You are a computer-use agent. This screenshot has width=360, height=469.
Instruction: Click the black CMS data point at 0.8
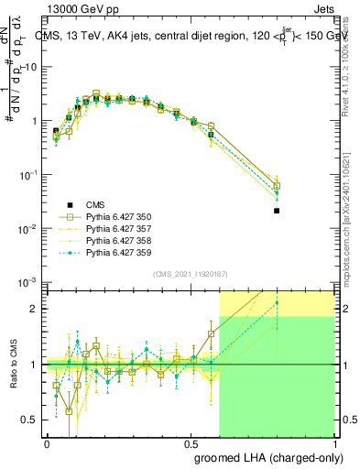click(x=277, y=211)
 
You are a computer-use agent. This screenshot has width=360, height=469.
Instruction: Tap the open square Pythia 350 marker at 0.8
click(x=277, y=186)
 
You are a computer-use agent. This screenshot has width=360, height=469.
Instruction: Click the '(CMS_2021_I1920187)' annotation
click(x=190, y=273)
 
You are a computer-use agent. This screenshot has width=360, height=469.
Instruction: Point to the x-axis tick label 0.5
click(x=191, y=443)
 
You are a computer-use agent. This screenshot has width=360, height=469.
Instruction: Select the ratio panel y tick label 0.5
click(x=30, y=420)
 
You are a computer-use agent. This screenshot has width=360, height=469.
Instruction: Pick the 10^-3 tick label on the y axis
click(x=27, y=281)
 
